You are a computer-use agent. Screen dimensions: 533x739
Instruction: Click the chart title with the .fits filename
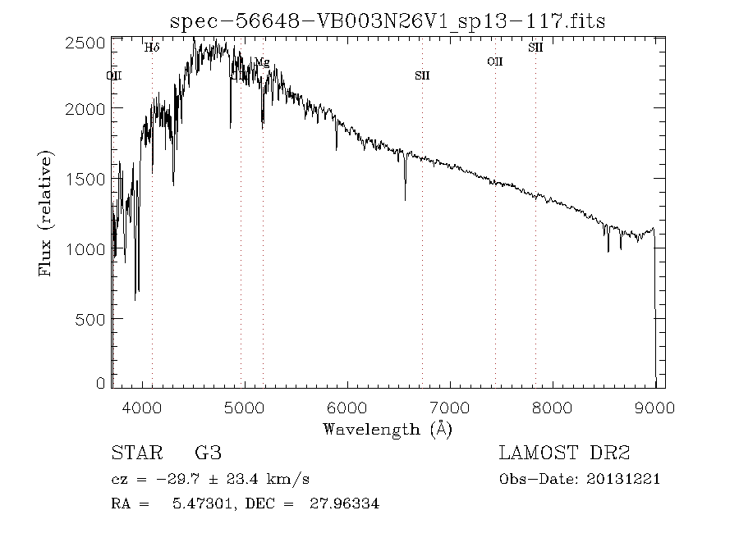click(x=387, y=20)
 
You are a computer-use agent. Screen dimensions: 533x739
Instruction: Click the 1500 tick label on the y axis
click(x=90, y=179)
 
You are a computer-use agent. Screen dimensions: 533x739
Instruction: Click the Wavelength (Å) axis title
click(x=387, y=429)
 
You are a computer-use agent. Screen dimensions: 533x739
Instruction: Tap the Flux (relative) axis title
click(x=47, y=213)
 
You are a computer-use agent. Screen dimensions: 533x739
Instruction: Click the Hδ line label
click(x=152, y=48)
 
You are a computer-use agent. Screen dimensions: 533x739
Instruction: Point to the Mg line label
click(x=262, y=62)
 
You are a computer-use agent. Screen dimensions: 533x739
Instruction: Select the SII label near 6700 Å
click(x=422, y=75)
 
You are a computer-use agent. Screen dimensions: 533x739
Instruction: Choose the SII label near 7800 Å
click(x=535, y=48)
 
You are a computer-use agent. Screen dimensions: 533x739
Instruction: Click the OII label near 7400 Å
click(x=494, y=61)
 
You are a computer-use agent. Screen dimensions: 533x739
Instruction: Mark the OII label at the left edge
click(x=114, y=75)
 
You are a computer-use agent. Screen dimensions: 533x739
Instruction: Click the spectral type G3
click(x=208, y=453)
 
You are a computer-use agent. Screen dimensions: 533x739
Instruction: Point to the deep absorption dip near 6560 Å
click(x=405, y=197)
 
